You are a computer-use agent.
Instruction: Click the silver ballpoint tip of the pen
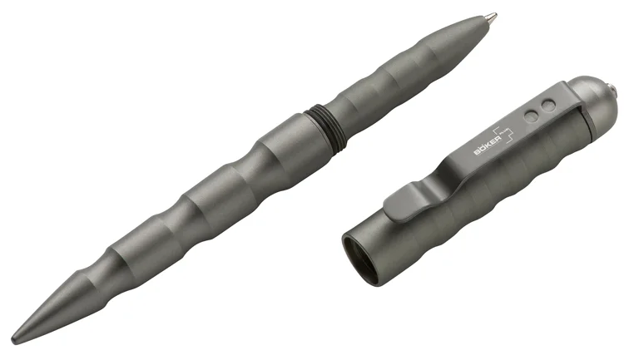491,17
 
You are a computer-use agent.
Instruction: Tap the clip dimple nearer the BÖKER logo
531,116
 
